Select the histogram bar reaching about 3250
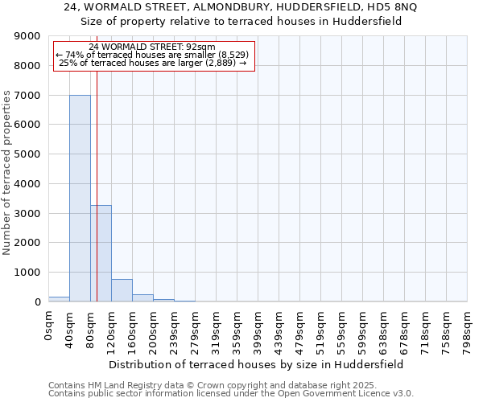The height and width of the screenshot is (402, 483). coord(101,253)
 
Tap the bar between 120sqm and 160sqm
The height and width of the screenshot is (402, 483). coord(122,290)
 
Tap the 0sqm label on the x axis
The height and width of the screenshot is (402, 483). coord(49,325)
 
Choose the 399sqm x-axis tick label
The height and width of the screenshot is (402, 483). coord(258,329)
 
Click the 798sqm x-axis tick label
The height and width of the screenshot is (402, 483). coord(468,329)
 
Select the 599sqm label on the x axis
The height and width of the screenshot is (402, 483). coord(363,329)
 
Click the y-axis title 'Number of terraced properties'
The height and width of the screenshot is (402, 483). coord(7,173)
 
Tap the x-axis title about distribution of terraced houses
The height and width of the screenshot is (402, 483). coord(255,364)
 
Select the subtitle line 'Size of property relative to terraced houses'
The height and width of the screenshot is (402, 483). coord(241,21)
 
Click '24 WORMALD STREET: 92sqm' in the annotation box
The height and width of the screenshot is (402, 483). coord(152,47)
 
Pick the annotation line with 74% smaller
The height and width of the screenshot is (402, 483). coord(152,55)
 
